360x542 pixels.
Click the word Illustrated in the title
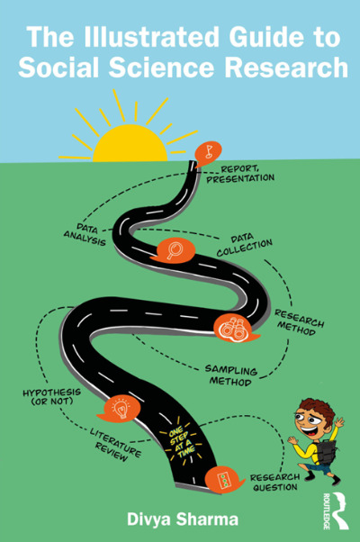(151, 37)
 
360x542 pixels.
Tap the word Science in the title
(162, 67)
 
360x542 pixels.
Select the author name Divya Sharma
(183, 519)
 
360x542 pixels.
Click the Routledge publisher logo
(337, 510)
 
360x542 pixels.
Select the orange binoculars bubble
(235, 329)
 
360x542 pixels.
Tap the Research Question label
(275, 483)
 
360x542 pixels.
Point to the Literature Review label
(115, 445)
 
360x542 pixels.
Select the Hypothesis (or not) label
(52, 397)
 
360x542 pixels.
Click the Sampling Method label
(230, 375)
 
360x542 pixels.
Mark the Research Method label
(299, 322)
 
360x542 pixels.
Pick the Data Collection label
(244, 246)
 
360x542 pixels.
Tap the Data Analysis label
(85, 235)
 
